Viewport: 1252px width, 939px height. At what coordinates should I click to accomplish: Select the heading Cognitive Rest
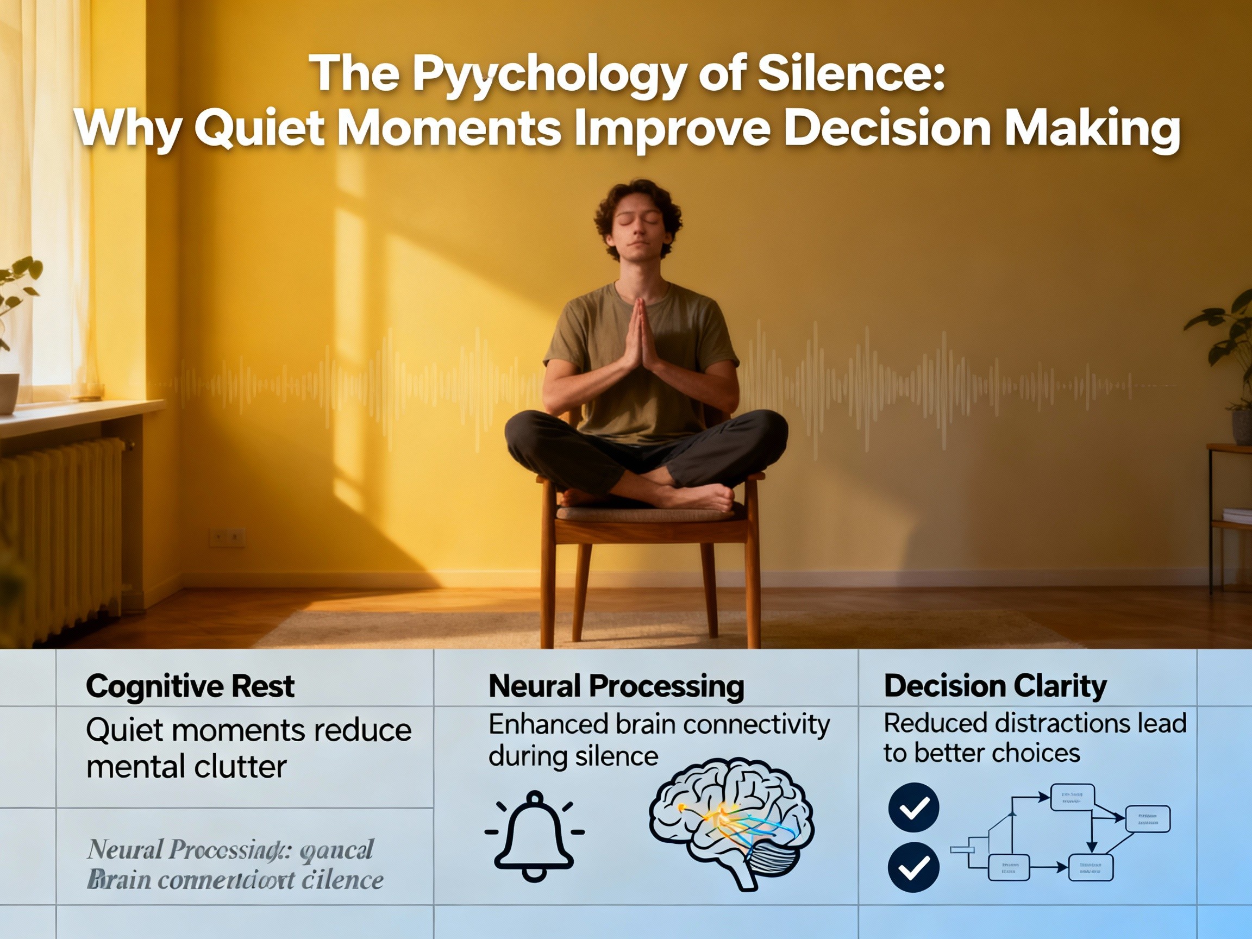pyautogui.click(x=190, y=686)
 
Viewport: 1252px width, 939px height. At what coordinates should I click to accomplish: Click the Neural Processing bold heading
pyautogui.click(x=616, y=686)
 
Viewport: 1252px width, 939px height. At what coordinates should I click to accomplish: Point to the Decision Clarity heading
pyautogui.click(x=995, y=686)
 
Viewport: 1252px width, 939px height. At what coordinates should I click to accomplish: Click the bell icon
pyautogui.click(x=534, y=835)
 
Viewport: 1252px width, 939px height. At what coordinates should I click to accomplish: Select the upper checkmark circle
pyautogui.click(x=913, y=807)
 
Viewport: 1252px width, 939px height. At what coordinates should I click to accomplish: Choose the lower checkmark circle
pyautogui.click(x=913, y=867)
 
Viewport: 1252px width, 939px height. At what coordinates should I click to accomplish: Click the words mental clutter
pyautogui.click(x=186, y=767)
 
